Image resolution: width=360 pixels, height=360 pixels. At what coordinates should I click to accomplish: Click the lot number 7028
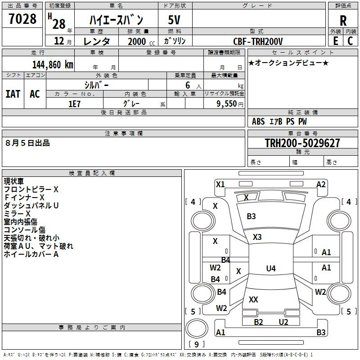point(22,19)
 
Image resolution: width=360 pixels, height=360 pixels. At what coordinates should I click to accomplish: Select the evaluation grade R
point(343,21)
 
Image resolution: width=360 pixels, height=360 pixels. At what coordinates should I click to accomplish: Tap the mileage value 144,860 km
point(53,65)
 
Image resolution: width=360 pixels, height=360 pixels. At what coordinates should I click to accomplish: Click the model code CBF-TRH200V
point(258,41)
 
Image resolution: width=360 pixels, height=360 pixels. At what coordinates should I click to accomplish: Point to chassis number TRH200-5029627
point(302,143)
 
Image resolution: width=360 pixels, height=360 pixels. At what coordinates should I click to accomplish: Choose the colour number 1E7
point(74,104)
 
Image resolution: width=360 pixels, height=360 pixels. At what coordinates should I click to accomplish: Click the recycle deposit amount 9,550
point(226,104)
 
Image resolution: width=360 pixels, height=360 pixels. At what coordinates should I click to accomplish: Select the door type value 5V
point(174,20)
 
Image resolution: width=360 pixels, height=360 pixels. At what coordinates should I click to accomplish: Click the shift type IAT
point(13,94)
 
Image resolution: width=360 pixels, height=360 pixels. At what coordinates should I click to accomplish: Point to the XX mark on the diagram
point(253,299)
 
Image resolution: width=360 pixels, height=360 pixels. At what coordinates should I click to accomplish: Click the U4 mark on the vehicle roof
point(271,268)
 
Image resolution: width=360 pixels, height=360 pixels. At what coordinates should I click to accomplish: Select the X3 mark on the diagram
point(257,237)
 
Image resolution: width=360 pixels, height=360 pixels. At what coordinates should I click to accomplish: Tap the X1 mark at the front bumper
point(220,184)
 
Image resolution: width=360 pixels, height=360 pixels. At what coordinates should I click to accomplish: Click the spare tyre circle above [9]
point(197,328)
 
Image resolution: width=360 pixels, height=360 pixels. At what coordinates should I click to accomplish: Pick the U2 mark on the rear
point(283,322)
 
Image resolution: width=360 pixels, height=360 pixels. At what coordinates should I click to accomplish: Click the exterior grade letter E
point(335,41)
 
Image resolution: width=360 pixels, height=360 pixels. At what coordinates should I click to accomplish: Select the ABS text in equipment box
point(258,121)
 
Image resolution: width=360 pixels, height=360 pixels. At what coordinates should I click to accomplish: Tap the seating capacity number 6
point(188,85)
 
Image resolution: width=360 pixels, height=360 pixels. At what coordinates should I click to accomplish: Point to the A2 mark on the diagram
point(321,184)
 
